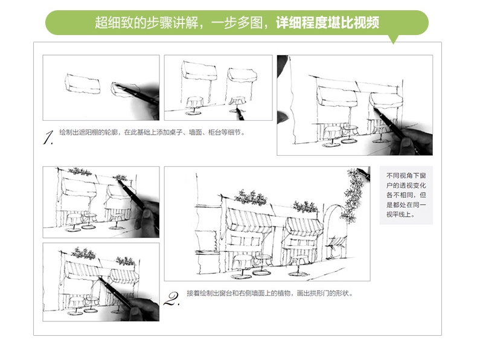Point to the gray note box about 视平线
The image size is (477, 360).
pyautogui.click(x=406, y=196)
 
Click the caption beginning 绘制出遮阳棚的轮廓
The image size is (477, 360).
pyautogui.click(x=152, y=132)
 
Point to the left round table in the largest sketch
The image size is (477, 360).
pyautogui.click(x=243, y=263)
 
